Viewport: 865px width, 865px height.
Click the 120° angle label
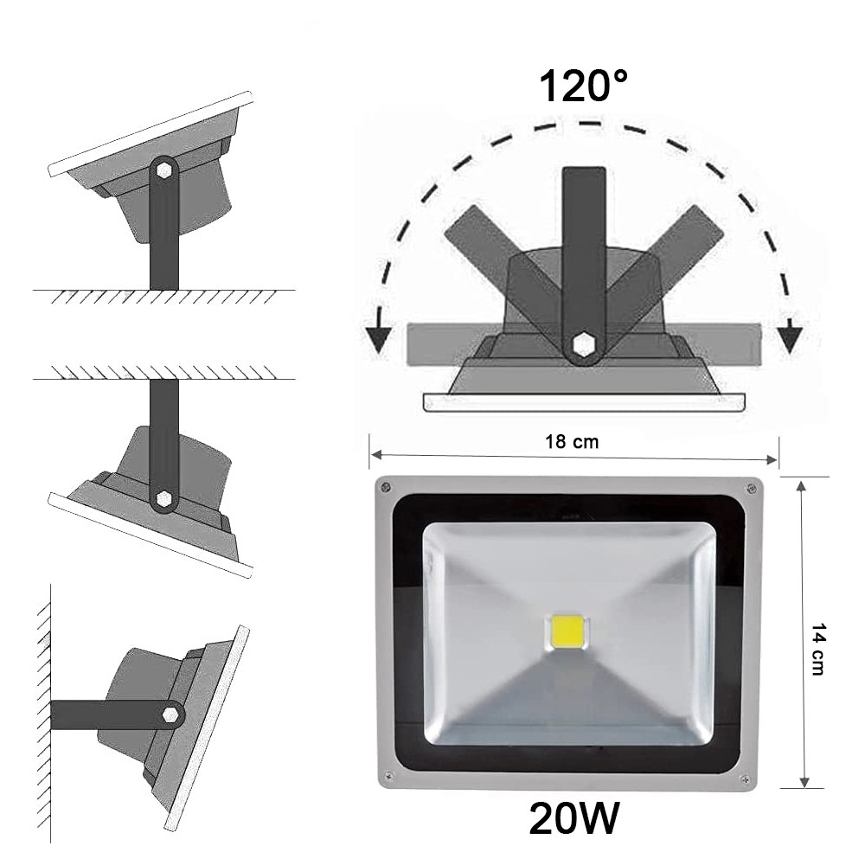[583, 86]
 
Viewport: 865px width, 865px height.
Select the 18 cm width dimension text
[573, 441]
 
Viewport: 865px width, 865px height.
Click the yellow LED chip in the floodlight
[565, 633]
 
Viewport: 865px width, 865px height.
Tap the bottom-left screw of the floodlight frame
[388, 775]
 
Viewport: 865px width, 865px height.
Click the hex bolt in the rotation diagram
[585, 344]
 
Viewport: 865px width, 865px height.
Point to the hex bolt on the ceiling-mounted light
[163, 498]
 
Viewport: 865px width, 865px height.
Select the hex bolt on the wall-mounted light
[172, 714]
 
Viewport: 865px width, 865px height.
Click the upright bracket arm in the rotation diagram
[585, 242]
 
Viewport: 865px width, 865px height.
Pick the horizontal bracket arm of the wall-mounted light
[104, 714]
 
